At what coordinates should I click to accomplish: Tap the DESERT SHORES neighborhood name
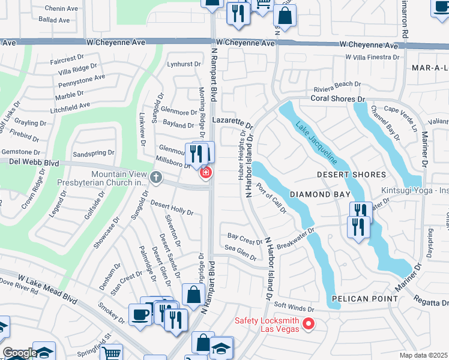point(352,175)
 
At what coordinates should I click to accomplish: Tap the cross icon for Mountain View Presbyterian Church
point(156,176)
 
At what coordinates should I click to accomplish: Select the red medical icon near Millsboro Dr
point(205,173)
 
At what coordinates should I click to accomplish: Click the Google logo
point(19,353)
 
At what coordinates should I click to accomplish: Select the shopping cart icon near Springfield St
point(110,353)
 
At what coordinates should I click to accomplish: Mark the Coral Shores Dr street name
point(337,98)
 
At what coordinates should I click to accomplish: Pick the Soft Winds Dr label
point(294,306)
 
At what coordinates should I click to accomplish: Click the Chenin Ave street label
point(62,8)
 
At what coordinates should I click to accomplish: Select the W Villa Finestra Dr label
point(372,57)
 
